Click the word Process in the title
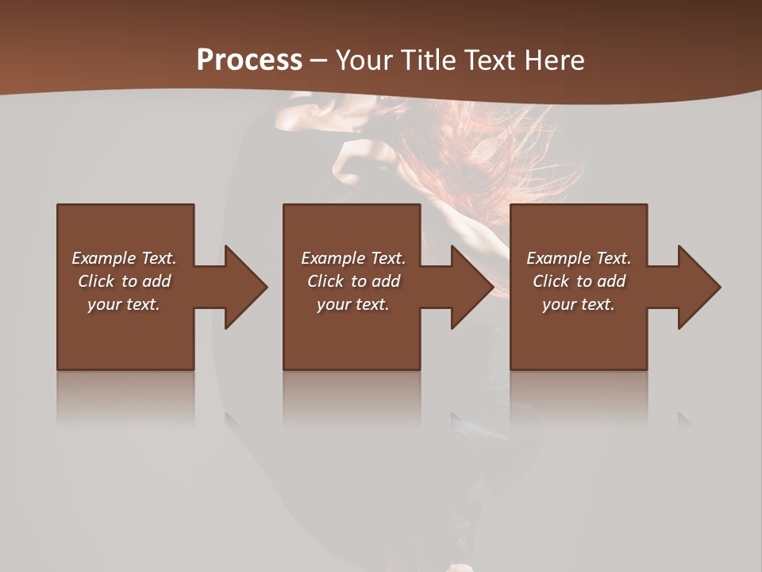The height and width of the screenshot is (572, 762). pos(249,60)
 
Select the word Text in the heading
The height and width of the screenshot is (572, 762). pos(489,60)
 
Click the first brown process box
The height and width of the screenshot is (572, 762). pos(125,342)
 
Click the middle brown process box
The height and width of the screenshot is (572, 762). pos(352,342)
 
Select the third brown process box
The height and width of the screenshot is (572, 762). pos(578,342)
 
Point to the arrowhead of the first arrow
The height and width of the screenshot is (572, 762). pos(246,287)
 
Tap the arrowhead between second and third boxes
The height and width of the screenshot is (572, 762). pos(473,287)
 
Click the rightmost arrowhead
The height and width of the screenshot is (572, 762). pos(699,287)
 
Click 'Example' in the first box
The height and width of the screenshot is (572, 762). pos(104,258)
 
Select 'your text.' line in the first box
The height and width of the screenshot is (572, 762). pos(124,304)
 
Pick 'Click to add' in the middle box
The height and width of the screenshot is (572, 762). pos(353,281)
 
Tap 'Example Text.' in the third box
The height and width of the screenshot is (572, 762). pos(579,258)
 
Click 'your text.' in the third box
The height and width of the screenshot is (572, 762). pos(579,304)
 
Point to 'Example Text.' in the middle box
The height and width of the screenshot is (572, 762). pos(353,258)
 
